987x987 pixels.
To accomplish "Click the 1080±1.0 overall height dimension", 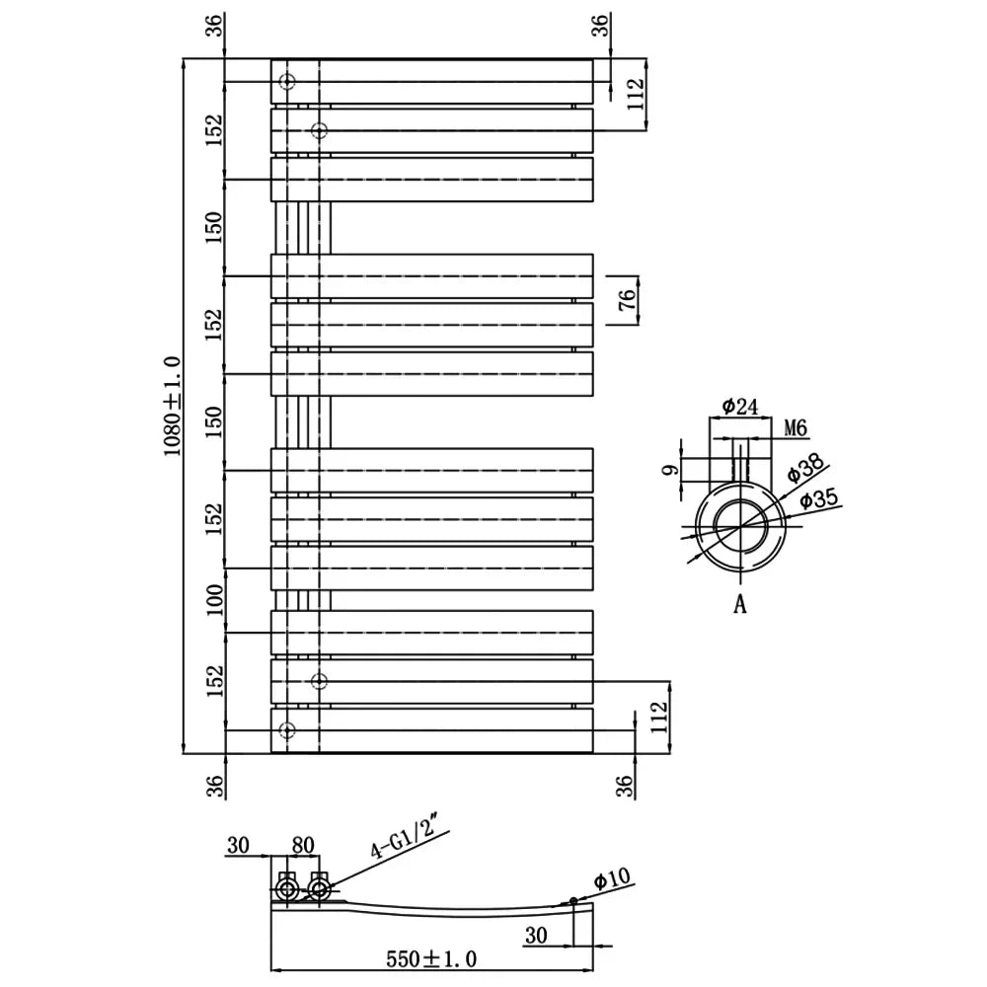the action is click(172, 406).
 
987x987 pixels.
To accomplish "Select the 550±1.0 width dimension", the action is click(431, 958).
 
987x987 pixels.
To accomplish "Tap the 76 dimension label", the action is click(627, 300).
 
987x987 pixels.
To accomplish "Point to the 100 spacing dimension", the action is click(215, 600).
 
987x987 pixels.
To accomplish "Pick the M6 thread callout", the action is click(796, 428).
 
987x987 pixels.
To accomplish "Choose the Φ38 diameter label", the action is click(805, 468).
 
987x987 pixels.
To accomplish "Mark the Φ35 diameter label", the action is click(819, 499).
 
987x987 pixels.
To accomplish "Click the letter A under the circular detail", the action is click(740, 604).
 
